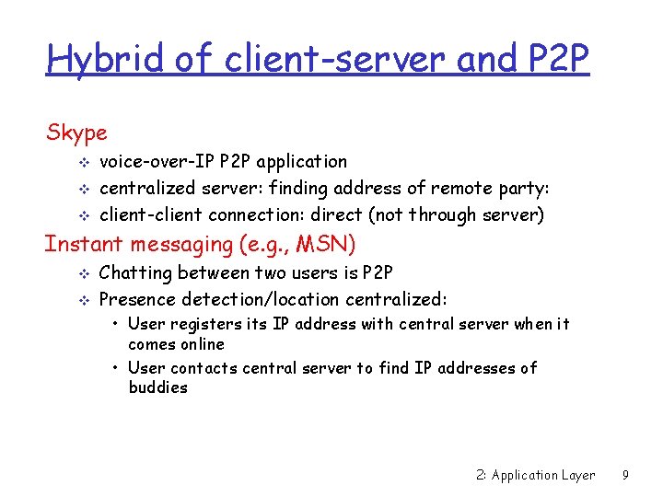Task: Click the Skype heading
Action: [x=76, y=133]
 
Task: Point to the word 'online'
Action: [x=203, y=344]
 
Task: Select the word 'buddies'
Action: [x=157, y=387]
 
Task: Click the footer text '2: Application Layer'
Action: [x=535, y=476]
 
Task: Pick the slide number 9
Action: [x=625, y=476]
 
